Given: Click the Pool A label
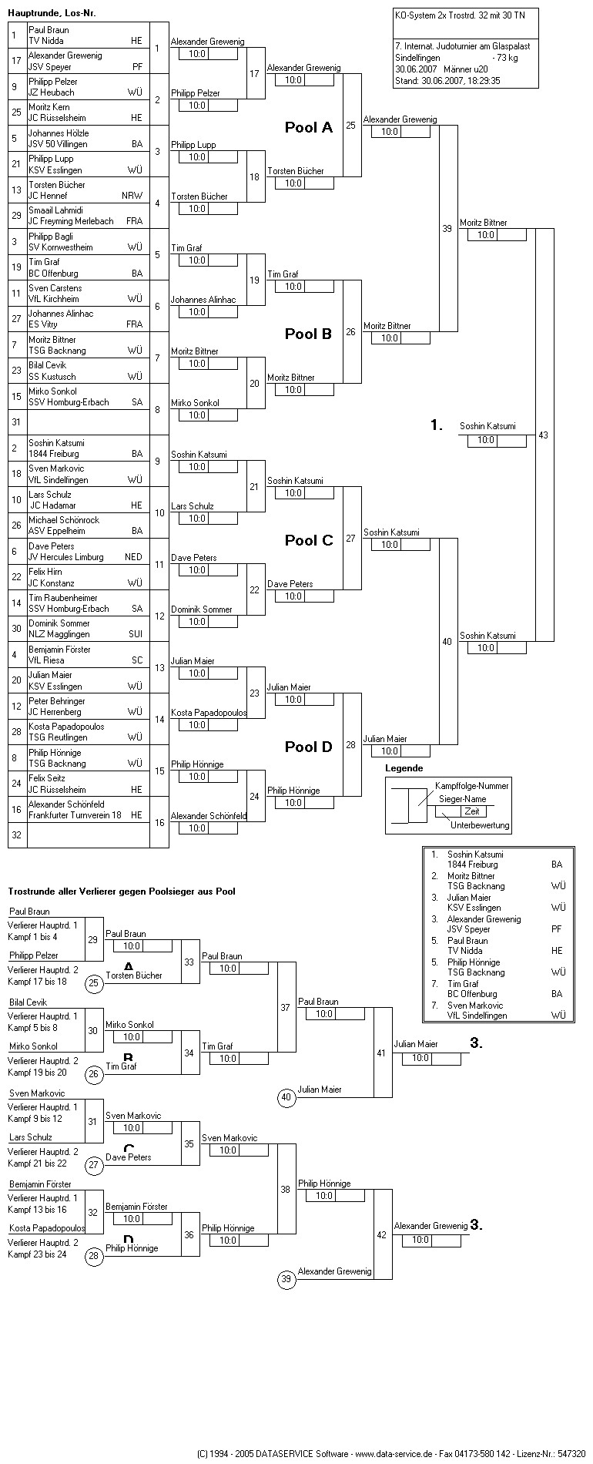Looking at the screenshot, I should [x=308, y=127].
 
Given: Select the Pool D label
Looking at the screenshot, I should [x=308, y=747].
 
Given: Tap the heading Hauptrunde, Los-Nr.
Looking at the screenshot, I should [x=52, y=13].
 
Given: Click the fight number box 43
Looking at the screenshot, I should [x=544, y=435].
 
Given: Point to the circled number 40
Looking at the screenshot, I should [x=286, y=1098].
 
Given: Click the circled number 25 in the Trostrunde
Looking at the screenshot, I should [x=94, y=983].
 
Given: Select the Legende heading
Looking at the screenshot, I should [x=404, y=768].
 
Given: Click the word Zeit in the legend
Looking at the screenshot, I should [x=472, y=811].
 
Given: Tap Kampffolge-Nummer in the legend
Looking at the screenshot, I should [x=471, y=785].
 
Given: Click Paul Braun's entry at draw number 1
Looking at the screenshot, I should [x=49, y=30].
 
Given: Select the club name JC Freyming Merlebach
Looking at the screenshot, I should [x=71, y=221].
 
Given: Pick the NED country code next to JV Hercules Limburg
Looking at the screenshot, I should [x=134, y=557].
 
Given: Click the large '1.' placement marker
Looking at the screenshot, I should [x=437, y=425].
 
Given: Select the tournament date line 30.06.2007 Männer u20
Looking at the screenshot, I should [x=441, y=69].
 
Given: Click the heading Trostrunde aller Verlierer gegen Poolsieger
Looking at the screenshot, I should [x=122, y=891].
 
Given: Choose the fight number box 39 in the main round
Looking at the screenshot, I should [x=447, y=229].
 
